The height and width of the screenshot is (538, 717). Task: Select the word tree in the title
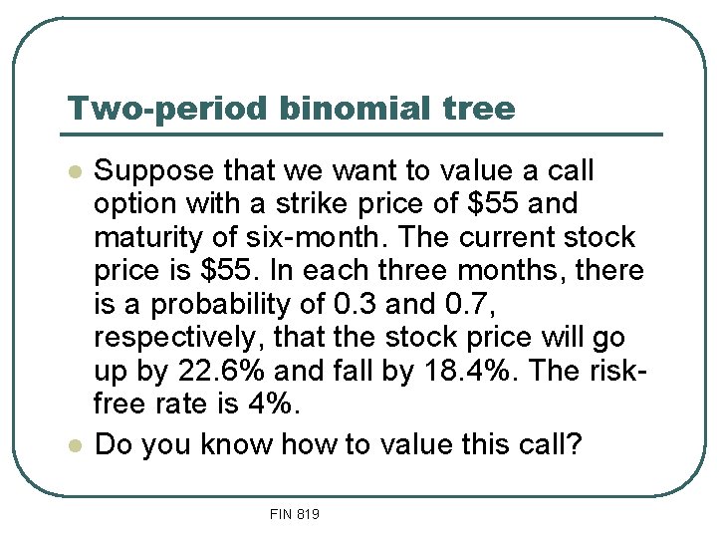coord(483,108)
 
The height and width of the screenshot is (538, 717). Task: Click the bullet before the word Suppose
coord(72,171)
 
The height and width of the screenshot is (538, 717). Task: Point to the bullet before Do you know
coord(72,445)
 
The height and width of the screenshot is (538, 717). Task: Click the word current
coord(522,238)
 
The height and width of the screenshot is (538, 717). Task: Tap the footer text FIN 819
coord(294,514)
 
